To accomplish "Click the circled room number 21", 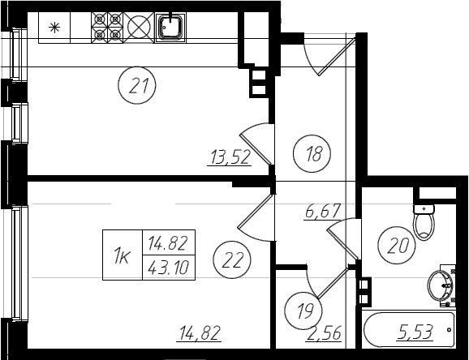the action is pos(137,85).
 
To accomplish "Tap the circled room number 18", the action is pos(312,153).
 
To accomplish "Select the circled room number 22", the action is pos(232,259).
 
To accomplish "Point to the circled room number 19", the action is pos(303,311).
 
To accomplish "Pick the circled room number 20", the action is pos(397,245).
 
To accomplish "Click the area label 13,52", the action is pos(230,157).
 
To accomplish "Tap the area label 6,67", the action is pos(322,212).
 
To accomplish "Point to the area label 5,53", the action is pos(415,332).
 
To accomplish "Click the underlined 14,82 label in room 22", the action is pos(200,333).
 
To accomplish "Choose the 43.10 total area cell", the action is pos(169,268).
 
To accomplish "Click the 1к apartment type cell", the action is pos(123,255).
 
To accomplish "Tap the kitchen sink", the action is pos(170,28).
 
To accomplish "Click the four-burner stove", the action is pos(107,28).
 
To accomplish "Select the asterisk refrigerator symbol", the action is pos(54,28).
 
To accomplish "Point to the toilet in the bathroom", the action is pos(424,222).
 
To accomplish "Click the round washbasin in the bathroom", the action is pos(440,285).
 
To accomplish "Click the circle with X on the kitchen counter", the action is pos(139,28).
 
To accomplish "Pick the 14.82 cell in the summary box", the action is pos(169,242).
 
